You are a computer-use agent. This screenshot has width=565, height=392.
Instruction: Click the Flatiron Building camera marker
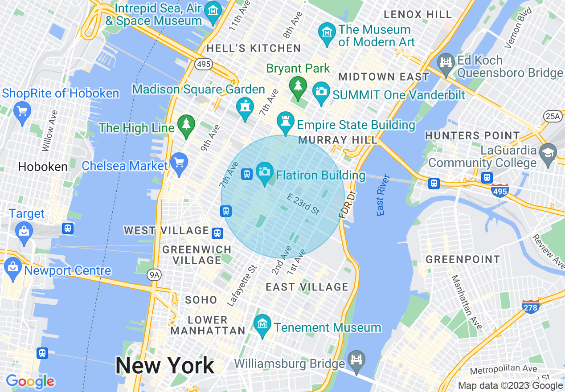click(265, 172)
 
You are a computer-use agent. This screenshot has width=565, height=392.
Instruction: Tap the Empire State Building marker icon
click(286, 121)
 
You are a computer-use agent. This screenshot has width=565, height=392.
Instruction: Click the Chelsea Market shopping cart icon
click(179, 163)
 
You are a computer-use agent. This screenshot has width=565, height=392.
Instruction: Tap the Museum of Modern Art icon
click(327, 33)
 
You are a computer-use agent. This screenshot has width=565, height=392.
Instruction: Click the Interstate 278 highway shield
click(531, 306)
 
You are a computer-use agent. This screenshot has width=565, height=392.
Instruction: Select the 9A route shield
click(154, 275)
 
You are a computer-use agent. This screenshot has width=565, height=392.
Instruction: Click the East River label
click(383, 196)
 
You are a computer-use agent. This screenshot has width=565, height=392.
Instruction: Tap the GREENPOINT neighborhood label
click(463, 259)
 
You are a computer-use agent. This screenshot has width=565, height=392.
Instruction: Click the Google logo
click(30, 382)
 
